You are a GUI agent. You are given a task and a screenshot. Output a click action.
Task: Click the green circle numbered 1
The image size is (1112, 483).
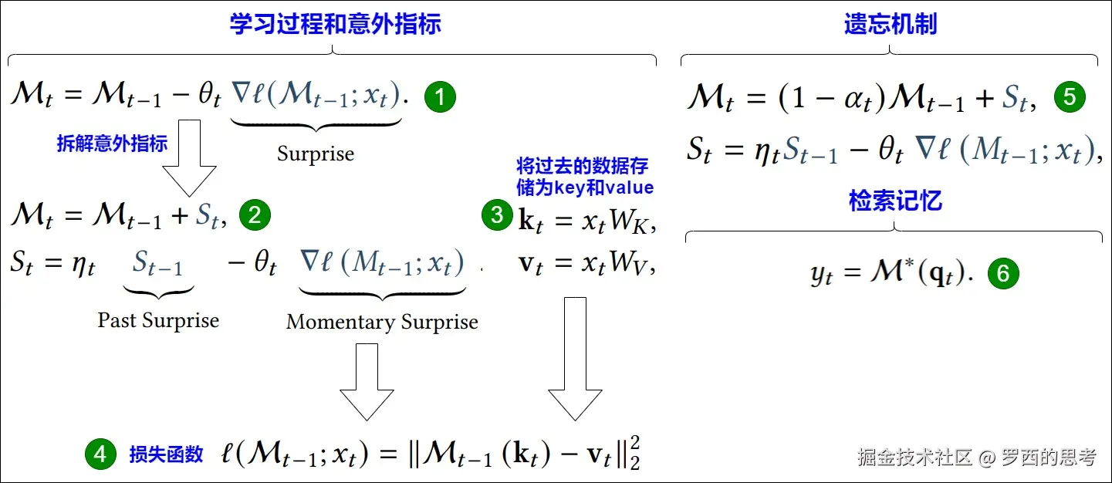click(440, 97)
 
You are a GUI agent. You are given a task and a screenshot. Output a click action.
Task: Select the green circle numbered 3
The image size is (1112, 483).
click(497, 216)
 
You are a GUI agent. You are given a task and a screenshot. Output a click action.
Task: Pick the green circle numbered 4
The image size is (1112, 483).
click(100, 454)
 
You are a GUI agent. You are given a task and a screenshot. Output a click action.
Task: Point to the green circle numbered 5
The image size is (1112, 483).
click(1070, 97)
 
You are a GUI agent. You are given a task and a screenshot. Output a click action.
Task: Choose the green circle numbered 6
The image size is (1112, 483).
click(1003, 274)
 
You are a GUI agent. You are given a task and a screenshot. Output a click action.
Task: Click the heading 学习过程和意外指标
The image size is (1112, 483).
click(335, 24)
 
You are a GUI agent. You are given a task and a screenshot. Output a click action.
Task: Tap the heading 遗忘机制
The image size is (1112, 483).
click(890, 24)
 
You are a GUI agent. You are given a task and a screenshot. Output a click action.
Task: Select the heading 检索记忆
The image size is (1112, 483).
click(895, 201)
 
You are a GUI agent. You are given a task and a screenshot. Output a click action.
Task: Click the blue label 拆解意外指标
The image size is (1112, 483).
click(112, 144)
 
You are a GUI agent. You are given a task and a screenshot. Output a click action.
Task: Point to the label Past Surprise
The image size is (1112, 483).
click(158, 320)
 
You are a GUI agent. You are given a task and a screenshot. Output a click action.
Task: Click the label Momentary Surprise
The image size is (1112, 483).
click(382, 322)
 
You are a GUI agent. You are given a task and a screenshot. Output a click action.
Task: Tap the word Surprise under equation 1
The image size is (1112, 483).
click(316, 154)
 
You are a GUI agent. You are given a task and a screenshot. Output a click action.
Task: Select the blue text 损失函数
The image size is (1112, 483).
click(166, 454)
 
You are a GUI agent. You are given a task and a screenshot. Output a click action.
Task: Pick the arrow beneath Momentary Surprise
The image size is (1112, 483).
click(367, 382)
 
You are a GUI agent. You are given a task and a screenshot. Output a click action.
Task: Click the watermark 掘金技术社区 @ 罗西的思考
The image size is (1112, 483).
click(976, 457)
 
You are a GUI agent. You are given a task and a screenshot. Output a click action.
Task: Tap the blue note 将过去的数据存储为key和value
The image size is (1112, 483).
click(584, 177)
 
